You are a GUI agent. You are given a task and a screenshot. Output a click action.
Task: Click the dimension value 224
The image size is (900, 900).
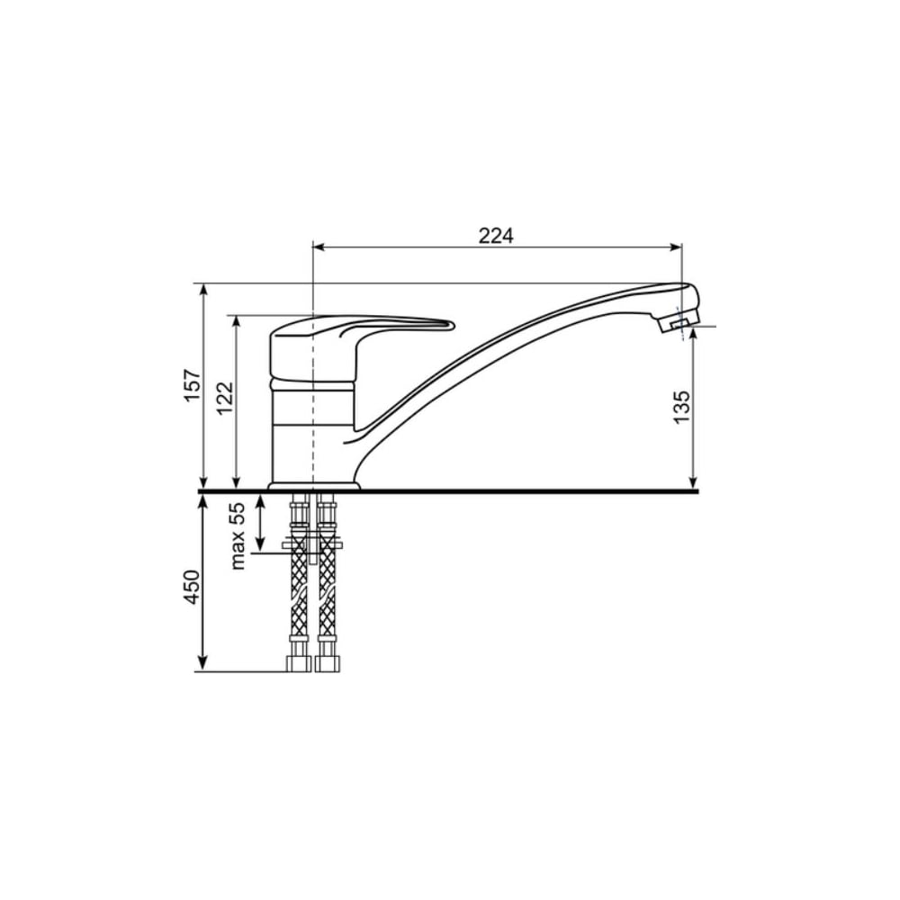click(x=496, y=235)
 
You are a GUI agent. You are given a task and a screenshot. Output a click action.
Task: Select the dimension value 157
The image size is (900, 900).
click(x=193, y=384)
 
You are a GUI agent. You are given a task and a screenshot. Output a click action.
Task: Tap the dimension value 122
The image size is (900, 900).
click(x=224, y=398)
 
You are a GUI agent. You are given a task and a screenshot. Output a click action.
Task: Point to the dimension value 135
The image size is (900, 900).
click(x=680, y=407)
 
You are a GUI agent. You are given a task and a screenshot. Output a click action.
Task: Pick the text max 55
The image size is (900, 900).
click(x=237, y=535)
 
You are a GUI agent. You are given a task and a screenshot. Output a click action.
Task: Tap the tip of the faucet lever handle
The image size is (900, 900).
click(x=452, y=326)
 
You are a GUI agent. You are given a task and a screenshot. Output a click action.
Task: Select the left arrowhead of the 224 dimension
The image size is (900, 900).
click(x=319, y=247)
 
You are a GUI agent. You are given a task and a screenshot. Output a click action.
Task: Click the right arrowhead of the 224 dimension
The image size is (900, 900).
click(x=675, y=247)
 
